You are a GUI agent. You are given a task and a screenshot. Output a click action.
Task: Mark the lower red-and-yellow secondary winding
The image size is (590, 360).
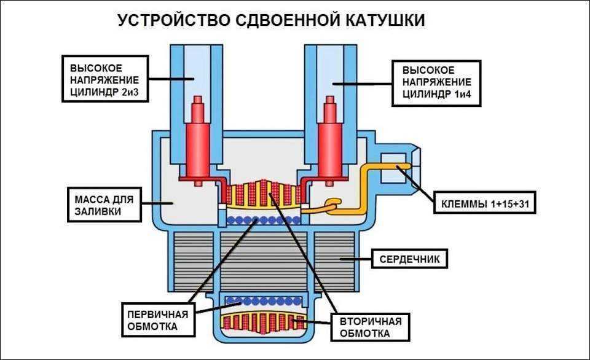[x=263, y=323]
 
